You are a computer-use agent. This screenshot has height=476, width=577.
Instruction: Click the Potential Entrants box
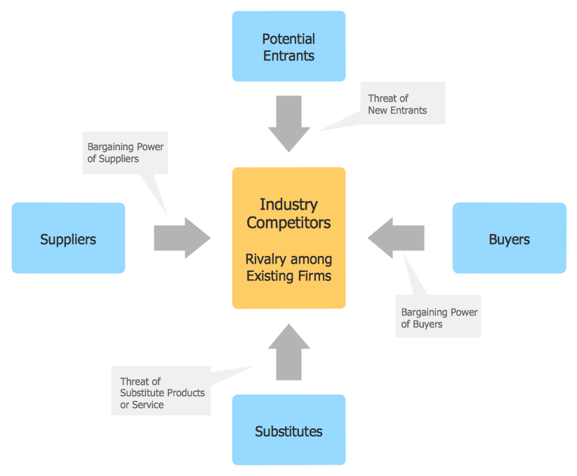pyautogui.click(x=288, y=46)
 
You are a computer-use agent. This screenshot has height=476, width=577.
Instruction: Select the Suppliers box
pyautogui.click(x=68, y=238)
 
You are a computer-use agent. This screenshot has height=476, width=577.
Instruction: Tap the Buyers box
pyautogui.click(x=509, y=238)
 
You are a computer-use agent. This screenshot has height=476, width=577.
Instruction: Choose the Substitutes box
pyautogui.click(x=288, y=430)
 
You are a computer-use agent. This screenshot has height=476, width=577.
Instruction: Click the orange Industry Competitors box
pyautogui.click(x=288, y=238)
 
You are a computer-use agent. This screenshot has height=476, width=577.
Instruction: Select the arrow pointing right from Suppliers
pyautogui.click(x=182, y=238)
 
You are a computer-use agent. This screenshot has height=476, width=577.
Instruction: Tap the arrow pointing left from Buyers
pyautogui.click(x=397, y=238)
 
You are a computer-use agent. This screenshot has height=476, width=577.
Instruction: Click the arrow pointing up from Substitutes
pyautogui.click(x=288, y=353)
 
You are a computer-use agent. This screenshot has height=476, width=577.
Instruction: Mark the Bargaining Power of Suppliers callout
pyautogui.click(x=125, y=153)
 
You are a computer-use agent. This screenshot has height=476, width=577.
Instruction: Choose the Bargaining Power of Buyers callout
pyautogui.click(x=438, y=318)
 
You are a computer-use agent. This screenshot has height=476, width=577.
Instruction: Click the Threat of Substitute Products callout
pyautogui.click(x=161, y=393)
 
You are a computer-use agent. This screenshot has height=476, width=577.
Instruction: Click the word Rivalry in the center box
pyautogui.click(x=265, y=259)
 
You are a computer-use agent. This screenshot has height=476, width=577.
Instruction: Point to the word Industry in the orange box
pyautogui.click(x=288, y=205)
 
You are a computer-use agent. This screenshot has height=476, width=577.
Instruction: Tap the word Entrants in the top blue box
pyautogui.click(x=288, y=56)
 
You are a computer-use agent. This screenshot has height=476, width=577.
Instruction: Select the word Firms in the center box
pyautogui.click(x=314, y=276)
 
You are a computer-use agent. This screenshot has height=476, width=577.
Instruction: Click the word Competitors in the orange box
pyautogui.click(x=288, y=223)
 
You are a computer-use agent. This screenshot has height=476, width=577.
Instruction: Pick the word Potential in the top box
pyautogui.click(x=288, y=39)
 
